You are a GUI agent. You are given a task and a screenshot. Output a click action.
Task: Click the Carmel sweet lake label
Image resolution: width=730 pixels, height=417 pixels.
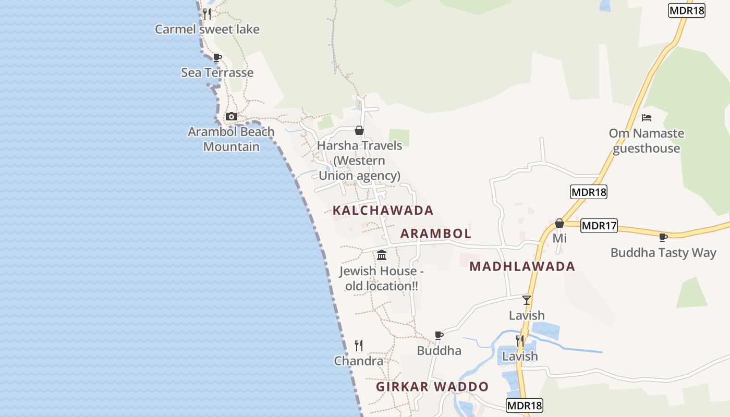click(207, 29)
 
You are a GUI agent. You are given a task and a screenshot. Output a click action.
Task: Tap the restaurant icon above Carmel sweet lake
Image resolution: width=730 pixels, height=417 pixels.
click(207, 14)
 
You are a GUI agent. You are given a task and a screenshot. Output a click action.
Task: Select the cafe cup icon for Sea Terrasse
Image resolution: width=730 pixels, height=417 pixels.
click(217, 57)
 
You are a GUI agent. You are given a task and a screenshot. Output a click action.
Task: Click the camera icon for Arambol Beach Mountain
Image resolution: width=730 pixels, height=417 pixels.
click(232, 116)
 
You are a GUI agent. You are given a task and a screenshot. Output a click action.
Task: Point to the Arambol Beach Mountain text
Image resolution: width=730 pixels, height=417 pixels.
click(231, 139)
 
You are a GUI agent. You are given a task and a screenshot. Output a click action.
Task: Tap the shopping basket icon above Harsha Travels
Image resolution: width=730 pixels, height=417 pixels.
click(359, 130)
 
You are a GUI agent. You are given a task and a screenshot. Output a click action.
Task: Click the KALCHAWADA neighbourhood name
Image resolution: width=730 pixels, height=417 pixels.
click(383, 211)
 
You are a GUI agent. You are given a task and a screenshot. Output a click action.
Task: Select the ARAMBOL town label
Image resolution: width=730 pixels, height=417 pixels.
click(435, 234)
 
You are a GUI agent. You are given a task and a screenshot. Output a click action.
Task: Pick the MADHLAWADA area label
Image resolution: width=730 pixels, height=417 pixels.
click(522, 266)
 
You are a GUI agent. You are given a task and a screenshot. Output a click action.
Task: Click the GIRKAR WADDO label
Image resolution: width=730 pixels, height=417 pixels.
click(432, 387)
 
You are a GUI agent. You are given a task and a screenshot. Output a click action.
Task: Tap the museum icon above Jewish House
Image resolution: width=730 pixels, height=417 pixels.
click(382, 255)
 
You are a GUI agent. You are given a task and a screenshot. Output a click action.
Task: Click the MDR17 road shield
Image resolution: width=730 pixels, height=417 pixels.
click(599, 226)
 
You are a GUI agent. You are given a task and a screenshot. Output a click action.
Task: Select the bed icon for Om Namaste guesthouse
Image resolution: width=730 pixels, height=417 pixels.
click(647, 118)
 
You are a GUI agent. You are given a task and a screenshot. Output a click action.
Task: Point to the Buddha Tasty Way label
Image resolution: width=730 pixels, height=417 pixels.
click(663, 253)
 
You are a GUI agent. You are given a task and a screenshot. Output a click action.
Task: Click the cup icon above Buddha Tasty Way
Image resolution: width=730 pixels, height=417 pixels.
click(663, 238)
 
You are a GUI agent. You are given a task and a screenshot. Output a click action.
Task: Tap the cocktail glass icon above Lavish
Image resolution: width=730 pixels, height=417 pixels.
click(527, 300)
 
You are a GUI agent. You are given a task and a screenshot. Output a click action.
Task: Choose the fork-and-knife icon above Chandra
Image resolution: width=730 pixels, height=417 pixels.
click(359, 345)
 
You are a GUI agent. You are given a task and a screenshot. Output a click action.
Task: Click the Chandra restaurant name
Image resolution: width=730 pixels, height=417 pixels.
click(359, 361)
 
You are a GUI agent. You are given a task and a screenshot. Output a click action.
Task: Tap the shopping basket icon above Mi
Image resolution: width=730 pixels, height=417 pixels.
click(559, 223)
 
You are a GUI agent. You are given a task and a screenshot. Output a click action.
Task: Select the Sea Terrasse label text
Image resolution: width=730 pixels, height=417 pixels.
click(217, 72)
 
